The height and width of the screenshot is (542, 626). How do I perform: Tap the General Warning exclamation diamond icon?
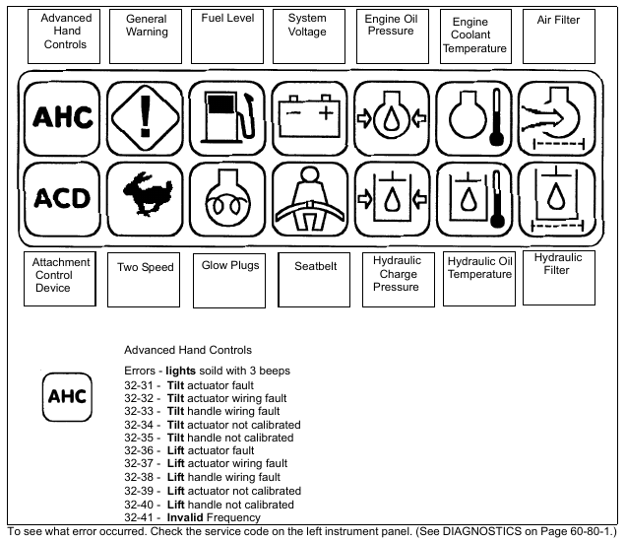click(x=145, y=117)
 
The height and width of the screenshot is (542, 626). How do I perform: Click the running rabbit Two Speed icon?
click(x=146, y=197)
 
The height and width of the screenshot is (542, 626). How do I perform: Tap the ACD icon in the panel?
click(x=62, y=197)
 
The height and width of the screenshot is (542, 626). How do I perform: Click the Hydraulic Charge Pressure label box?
click(x=397, y=275)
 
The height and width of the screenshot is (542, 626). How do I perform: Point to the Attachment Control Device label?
click(x=61, y=276)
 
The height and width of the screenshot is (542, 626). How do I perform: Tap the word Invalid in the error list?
click(x=186, y=517)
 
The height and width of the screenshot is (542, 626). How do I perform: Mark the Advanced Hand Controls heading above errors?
click(x=188, y=350)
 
